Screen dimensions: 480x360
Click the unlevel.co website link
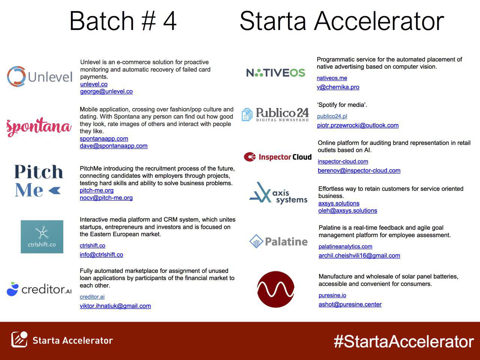(x=94, y=84)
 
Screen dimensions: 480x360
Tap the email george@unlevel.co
(x=106, y=91)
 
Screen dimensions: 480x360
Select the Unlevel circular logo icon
(x=16, y=76)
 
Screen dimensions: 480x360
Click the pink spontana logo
(x=39, y=127)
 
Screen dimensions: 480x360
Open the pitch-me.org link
(x=96, y=190)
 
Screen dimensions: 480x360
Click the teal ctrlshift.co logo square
(x=42, y=237)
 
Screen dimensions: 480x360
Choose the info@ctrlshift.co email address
(x=101, y=255)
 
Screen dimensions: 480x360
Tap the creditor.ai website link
(x=92, y=297)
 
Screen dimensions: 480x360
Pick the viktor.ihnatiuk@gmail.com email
(x=115, y=306)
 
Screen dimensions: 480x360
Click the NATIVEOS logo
(x=276, y=73)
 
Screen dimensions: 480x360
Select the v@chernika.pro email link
(x=338, y=87)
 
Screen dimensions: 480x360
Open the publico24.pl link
(x=332, y=116)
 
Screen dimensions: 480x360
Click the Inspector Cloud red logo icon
(x=250, y=157)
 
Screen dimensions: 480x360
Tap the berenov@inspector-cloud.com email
(x=359, y=171)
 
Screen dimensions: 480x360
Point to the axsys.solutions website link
(x=339, y=203)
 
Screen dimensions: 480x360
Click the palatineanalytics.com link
(x=345, y=246)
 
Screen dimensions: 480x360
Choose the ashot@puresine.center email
(x=350, y=304)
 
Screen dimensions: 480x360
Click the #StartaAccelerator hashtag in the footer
(x=404, y=342)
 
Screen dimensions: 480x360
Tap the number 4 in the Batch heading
(x=170, y=21)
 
